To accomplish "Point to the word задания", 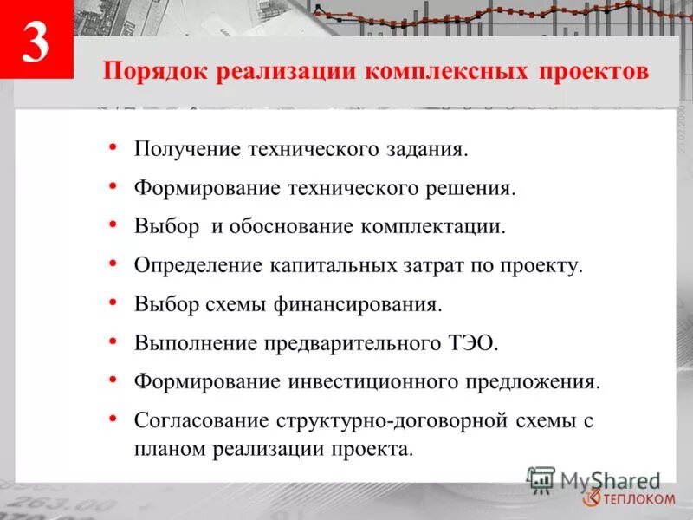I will pyautogui.click(x=427, y=150).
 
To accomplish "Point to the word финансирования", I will pyautogui.click(x=372, y=303).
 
